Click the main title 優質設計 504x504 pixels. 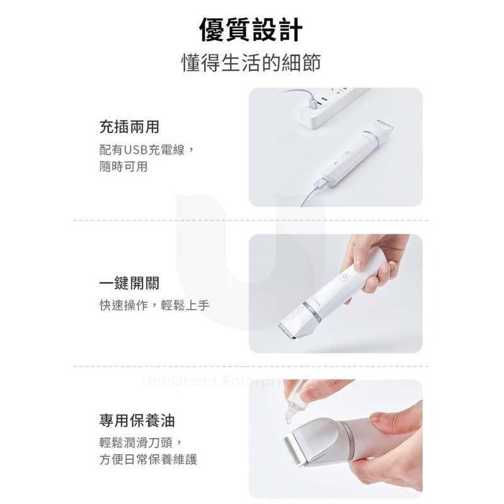pos(251,30)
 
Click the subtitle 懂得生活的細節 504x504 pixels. pos(251,63)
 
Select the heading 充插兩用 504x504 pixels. pos(129,128)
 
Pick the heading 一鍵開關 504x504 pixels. pos(129,283)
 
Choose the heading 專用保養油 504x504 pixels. pos(137,420)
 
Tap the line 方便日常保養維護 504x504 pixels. pos(148,460)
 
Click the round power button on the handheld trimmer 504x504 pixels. pos(346,277)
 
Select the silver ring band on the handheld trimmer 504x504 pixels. pos(310,307)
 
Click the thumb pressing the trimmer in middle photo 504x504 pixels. pos(359,255)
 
